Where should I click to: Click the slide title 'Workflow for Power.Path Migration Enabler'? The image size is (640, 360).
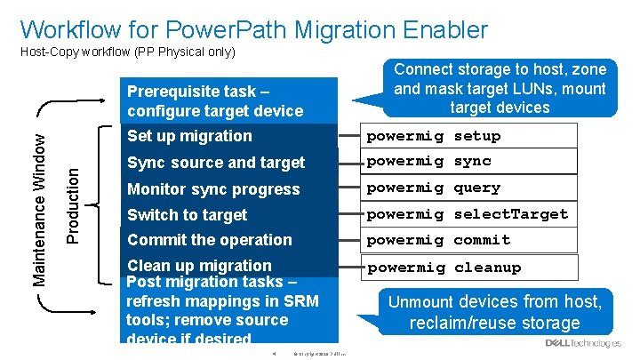[253, 29]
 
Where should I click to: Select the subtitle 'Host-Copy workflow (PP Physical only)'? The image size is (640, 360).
[127, 52]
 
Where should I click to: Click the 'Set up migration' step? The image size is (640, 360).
[189, 136]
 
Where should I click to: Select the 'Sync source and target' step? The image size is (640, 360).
[216, 163]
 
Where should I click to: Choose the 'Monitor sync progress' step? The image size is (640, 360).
[213, 188]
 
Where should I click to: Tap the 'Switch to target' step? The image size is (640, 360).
[187, 214]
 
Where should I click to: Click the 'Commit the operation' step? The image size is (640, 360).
[209, 240]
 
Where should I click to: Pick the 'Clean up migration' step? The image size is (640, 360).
[199, 265]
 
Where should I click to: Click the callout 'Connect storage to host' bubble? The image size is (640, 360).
[500, 88]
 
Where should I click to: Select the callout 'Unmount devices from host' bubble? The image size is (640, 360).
[494, 312]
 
